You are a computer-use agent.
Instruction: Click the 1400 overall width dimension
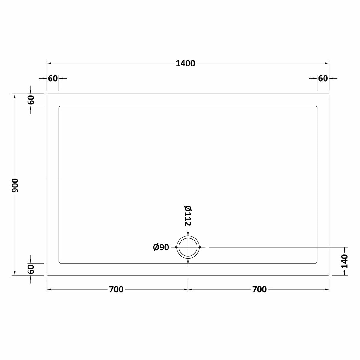click(185, 63)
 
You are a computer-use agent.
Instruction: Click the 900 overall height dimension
click(15, 185)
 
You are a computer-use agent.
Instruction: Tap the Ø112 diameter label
click(187, 216)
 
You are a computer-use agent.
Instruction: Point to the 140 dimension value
click(344, 261)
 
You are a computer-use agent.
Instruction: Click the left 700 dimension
click(116, 289)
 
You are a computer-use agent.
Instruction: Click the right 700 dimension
click(259, 289)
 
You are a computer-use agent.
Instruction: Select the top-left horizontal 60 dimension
click(52, 79)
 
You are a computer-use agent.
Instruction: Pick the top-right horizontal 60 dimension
click(323, 79)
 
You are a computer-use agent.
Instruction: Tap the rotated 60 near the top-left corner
click(31, 100)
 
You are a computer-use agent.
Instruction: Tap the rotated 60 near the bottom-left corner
click(31, 269)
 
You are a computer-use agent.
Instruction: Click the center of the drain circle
click(188, 247)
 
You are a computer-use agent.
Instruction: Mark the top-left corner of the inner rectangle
click(59, 106)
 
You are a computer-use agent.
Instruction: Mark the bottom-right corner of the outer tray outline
click(329, 275)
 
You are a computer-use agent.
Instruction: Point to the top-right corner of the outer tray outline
click(329, 94)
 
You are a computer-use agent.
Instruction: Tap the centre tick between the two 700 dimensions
click(188, 289)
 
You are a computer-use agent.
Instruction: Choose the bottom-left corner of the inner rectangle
click(59, 263)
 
